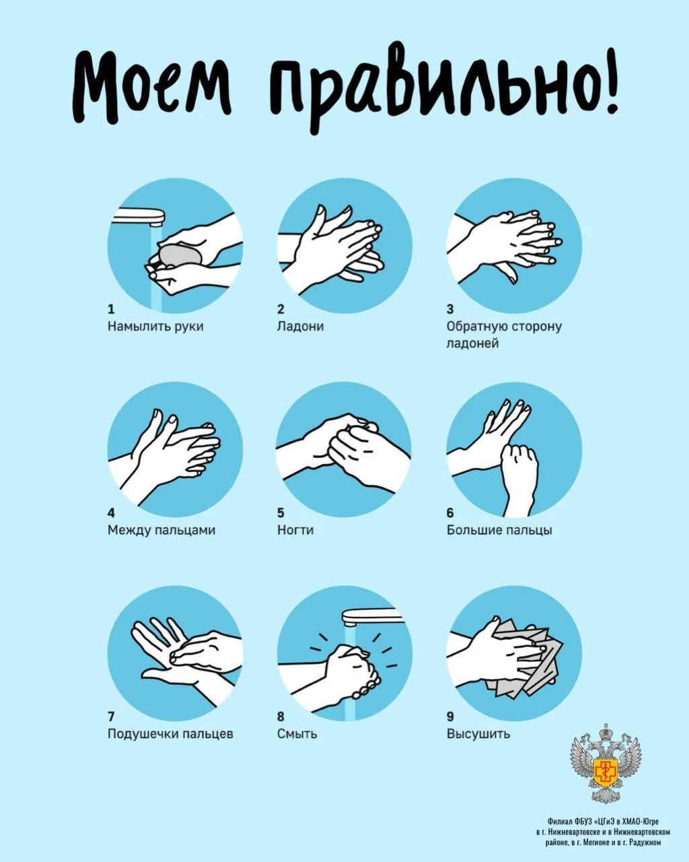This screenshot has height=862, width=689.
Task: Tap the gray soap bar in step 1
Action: (180, 255)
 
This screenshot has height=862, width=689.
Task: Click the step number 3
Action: (450, 309)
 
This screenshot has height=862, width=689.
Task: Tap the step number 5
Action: (281, 513)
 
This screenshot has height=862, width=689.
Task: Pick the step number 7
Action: (111, 716)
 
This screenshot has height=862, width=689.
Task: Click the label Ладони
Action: (300, 327)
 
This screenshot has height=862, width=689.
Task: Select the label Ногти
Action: (295, 531)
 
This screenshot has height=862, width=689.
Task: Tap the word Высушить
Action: (478, 734)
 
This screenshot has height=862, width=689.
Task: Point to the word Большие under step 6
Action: (474, 531)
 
